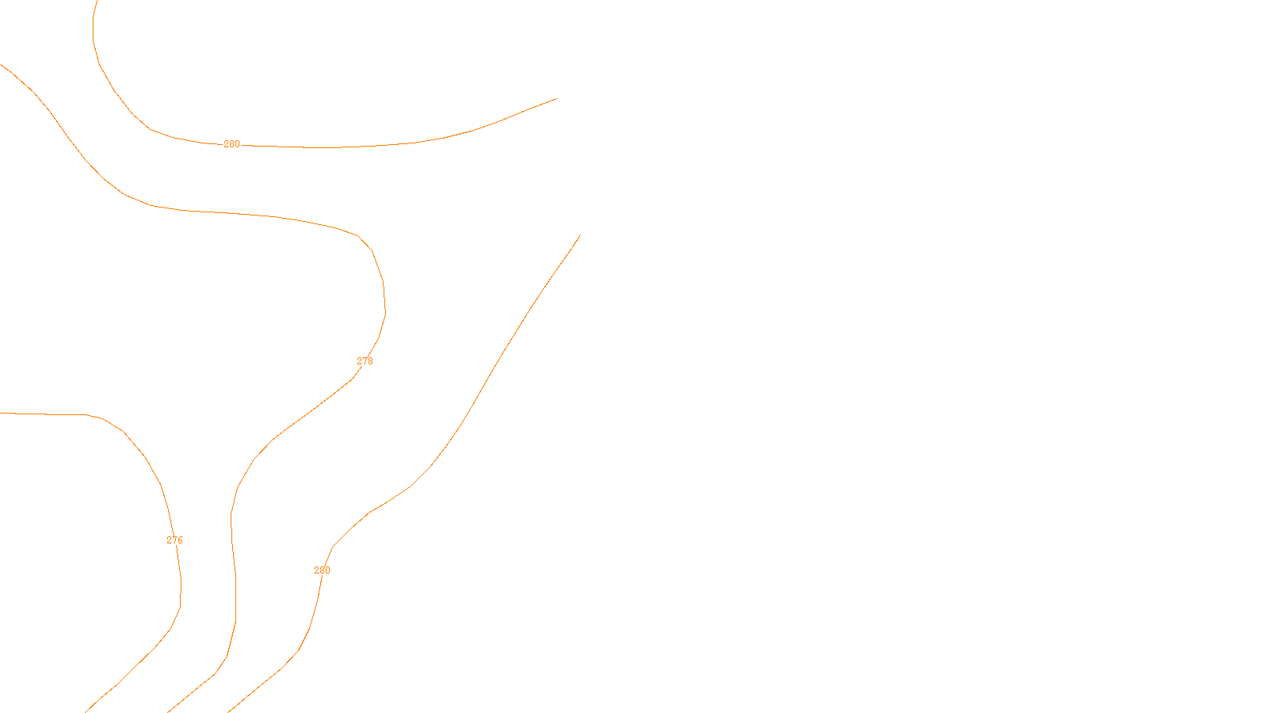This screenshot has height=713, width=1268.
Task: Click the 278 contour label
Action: pyautogui.click(x=365, y=361)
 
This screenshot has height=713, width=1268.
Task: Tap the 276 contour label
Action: pyautogui.click(x=174, y=540)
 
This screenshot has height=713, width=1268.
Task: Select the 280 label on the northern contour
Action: pyautogui.click(x=231, y=144)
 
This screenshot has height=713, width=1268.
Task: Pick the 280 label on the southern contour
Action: pyautogui.click(x=322, y=570)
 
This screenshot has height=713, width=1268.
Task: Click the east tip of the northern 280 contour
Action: pyautogui.click(x=556, y=98)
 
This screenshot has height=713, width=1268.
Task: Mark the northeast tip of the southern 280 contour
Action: pyautogui.click(x=580, y=235)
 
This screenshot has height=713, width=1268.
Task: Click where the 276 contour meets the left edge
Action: pyautogui.click(x=1, y=413)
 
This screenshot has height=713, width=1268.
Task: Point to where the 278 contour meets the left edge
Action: pyautogui.click(x=1, y=64)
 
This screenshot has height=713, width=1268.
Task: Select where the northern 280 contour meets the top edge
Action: pyautogui.click(x=97, y=1)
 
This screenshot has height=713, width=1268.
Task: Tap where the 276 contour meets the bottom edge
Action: pyautogui.click(x=86, y=711)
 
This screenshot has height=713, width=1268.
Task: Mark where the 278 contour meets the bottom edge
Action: pyautogui.click(x=169, y=711)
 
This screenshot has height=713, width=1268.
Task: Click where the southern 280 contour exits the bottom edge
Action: pyautogui.click(x=229, y=711)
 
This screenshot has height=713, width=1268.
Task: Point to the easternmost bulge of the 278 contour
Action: pyautogui.click(x=385, y=305)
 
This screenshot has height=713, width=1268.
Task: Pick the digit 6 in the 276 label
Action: pyautogui.click(x=180, y=540)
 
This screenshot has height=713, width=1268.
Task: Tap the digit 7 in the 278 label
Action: pyautogui.click(x=365, y=361)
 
